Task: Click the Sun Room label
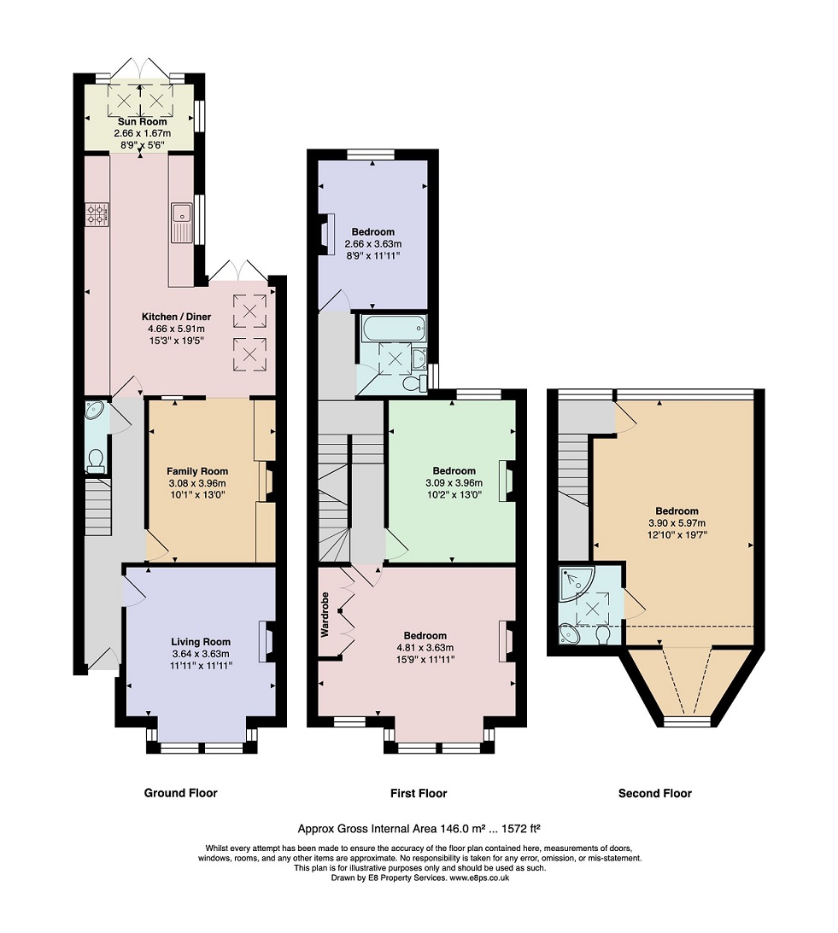pyautogui.click(x=142, y=121)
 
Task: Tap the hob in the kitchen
pyautogui.click(x=97, y=214)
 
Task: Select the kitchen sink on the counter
pyautogui.click(x=181, y=223)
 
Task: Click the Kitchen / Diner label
pyautogui.click(x=176, y=317)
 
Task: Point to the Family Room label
pyautogui.click(x=197, y=471)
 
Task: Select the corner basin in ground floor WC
pyautogui.click(x=94, y=411)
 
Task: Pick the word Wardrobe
pyautogui.click(x=325, y=615)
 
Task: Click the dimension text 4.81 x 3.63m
pyautogui.click(x=425, y=647)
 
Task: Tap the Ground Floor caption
pyautogui.click(x=180, y=792)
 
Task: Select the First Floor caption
pyautogui.click(x=419, y=792)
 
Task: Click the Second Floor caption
pyautogui.click(x=655, y=792)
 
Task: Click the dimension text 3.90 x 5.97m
pyautogui.click(x=677, y=523)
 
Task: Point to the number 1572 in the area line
pyautogui.click(x=514, y=828)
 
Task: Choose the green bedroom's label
pyautogui.click(x=454, y=470)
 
